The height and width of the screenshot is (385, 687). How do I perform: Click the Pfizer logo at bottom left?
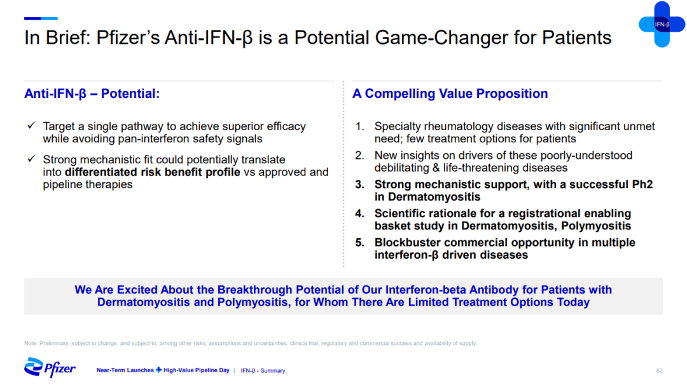[x=50, y=367]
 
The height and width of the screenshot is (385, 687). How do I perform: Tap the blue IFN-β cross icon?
[x=662, y=24]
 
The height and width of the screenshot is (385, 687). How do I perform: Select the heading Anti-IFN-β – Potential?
[x=92, y=93]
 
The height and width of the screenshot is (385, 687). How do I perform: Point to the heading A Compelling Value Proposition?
[x=450, y=93]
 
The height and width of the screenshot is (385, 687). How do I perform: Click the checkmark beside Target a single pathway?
[x=31, y=126]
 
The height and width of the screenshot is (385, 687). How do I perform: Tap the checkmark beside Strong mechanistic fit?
[x=31, y=159]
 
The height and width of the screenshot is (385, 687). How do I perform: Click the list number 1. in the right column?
[x=359, y=126]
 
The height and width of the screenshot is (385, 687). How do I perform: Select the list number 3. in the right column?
[x=359, y=185]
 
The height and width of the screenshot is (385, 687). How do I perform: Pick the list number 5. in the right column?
[x=359, y=243]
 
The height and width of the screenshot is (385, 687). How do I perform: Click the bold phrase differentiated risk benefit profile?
[x=153, y=172]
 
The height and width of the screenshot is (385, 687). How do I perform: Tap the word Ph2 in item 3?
[x=642, y=185]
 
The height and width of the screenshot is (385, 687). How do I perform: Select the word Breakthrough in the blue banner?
[x=255, y=290]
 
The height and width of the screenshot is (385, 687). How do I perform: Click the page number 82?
[x=659, y=370]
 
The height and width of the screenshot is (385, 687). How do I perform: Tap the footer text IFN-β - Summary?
[x=263, y=370]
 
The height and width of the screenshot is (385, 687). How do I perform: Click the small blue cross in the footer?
[x=158, y=370]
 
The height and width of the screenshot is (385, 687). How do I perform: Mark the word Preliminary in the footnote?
[x=54, y=344]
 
